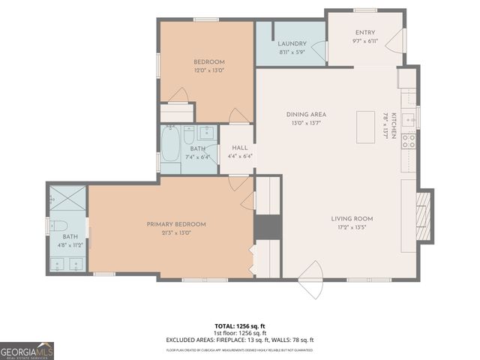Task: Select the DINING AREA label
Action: (306, 114)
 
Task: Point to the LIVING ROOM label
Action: (352, 219)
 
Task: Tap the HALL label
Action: (240, 148)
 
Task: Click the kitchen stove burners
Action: (409, 140)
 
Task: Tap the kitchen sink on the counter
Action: (409, 118)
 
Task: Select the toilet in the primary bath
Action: (60, 226)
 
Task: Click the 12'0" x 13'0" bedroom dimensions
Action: (209, 70)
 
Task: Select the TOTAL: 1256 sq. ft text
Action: (240, 326)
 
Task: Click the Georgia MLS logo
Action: (27, 350)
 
